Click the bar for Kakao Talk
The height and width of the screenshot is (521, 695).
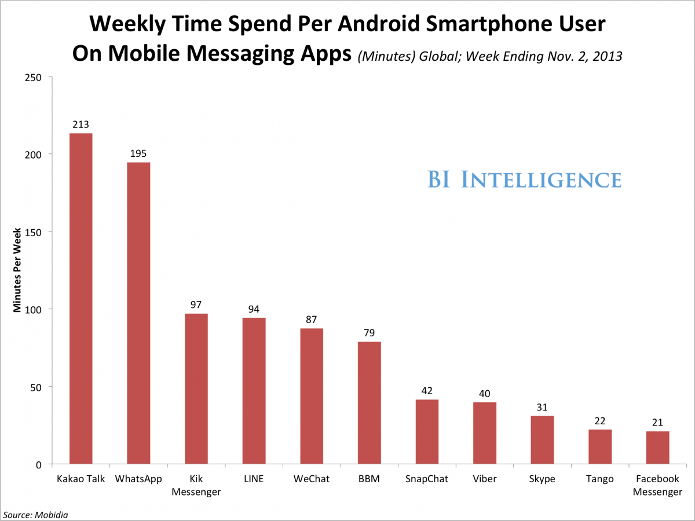tap(81, 299)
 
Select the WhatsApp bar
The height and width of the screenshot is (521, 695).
tap(138, 313)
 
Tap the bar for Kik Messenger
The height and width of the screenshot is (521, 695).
tap(196, 388)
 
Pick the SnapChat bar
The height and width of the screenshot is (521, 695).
tap(427, 432)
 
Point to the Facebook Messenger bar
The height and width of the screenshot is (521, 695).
tap(658, 447)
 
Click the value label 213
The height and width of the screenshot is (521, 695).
tap(81, 124)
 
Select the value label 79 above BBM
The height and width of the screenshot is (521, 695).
tap(369, 333)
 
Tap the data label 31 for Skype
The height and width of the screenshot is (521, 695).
tap(542, 407)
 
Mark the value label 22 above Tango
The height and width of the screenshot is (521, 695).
tap(600, 421)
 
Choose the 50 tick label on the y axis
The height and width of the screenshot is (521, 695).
tap(36, 387)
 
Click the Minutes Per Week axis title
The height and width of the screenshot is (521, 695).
tap(17, 270)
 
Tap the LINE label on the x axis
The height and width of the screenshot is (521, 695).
tap(254, 479)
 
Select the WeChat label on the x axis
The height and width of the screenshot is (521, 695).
tap(312, 479)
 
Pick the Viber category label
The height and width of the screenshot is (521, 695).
tap(485, 479)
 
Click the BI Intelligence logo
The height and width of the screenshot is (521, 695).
tap(524, 179)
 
